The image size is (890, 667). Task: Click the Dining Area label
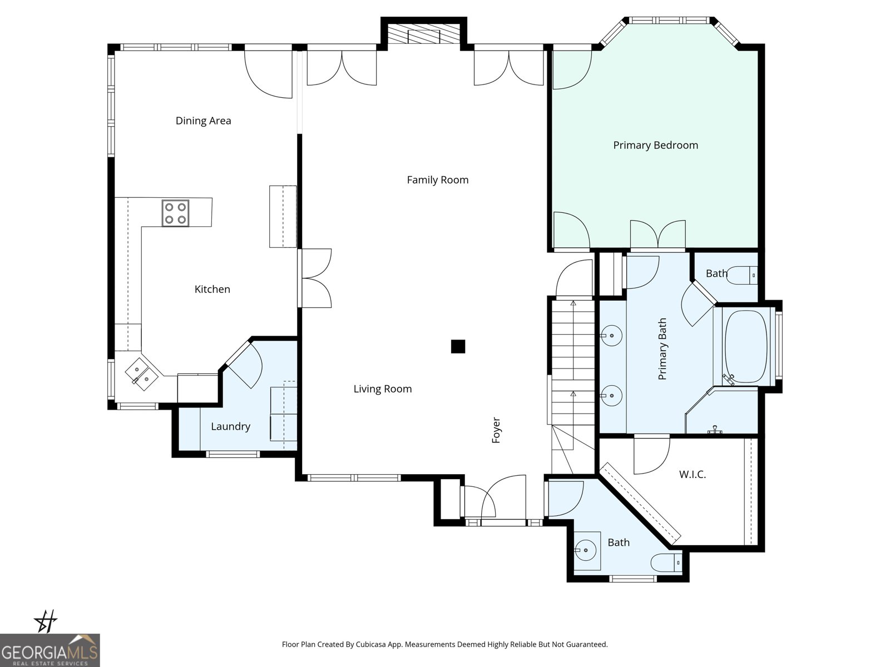(x=203, y=121)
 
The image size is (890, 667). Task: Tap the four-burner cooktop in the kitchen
(x=175, y=213)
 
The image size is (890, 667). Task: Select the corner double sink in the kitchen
(x=141, y=374)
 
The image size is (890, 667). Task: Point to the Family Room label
(x=438, y=180)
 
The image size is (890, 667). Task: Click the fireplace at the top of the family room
(x=424, y=34)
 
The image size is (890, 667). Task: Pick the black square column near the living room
(x=458, y=347)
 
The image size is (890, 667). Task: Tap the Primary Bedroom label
(x=655, y=146)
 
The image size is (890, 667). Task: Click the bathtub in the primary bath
(x=746, y=346)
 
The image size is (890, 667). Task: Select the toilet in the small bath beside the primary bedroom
(x=743, y=275)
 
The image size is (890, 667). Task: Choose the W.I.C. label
(x=693, y=474)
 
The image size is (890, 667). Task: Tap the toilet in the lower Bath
(x=666, y=563)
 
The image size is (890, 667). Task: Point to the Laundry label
(x=230, y=426)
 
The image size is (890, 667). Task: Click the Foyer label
(x=496, y=430)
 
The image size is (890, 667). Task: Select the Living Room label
(x=382, y=389)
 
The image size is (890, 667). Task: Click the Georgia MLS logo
(x=50, y=650)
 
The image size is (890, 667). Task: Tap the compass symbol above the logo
(x=45, y=621)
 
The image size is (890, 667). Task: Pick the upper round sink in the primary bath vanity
(x=611, y=336)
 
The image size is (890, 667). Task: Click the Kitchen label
(x=212, y=289)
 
